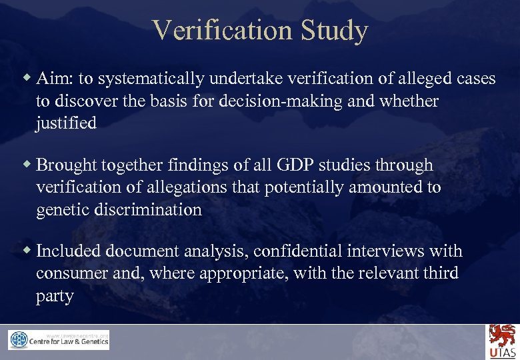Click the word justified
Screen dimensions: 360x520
click(66, 123)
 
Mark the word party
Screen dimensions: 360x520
click(55, 295)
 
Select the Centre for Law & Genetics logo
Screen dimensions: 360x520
click(59, 340)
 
